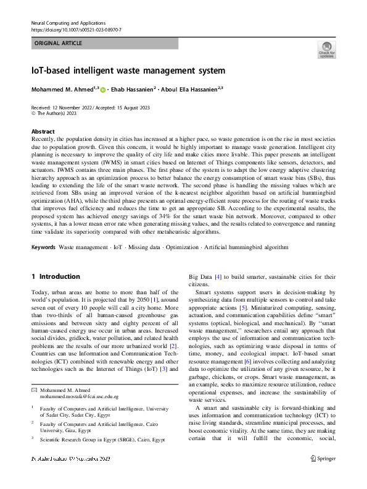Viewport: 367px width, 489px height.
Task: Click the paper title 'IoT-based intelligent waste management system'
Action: (x=128, y=70)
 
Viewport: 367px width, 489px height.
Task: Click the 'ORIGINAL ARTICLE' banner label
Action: (x=58, y=44)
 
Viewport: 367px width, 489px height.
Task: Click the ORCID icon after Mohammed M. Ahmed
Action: (x=102, y=90)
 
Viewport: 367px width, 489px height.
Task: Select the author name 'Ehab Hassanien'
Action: (x=134, y=90)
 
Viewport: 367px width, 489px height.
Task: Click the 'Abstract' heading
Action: (x=43, y=132)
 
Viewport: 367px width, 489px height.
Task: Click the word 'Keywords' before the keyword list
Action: (x=43, y=247)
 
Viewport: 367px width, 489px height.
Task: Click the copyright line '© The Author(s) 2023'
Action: (x=57, y=114)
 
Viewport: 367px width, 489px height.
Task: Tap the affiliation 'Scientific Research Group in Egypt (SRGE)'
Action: (x=93, y=440)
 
